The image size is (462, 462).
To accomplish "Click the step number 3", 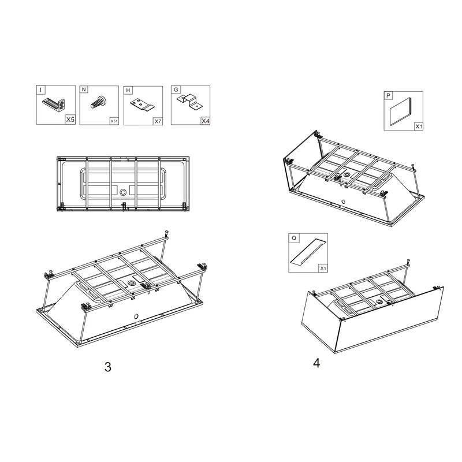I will [x=107, y=367].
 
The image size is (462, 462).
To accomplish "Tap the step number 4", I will [x=316, y=363].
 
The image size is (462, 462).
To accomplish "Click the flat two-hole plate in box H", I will [x=141, y=105].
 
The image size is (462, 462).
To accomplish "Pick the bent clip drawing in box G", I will [x=188, y=102].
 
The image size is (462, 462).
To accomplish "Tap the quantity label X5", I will [x=70, y=121].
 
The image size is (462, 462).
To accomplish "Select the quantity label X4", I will [x=205, y=121].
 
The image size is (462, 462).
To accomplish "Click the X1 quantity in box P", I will [x=419, y=126].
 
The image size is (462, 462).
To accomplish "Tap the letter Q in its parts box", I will [x=293, y=237].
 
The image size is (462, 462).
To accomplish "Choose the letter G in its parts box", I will [x=176, y=90].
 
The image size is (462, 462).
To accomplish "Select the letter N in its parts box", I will [x=84, y=90].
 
